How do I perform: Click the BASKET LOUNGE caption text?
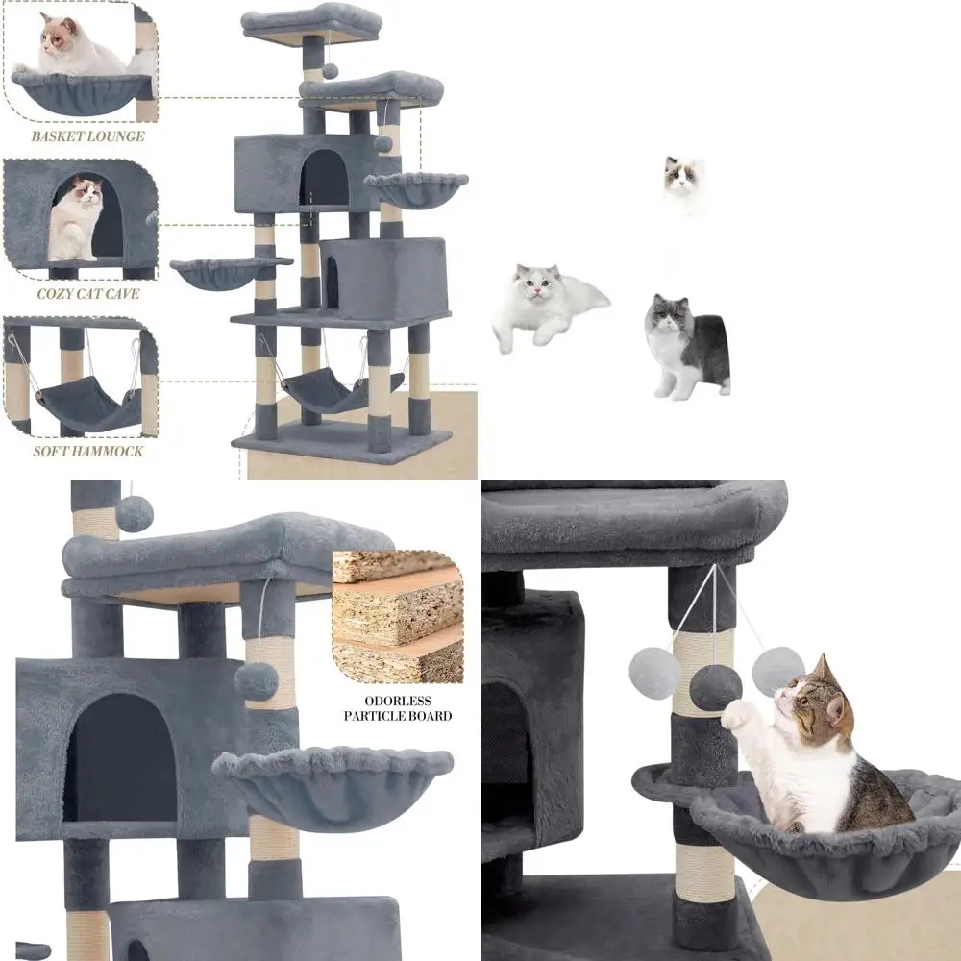point(87,136)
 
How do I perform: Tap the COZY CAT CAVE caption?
point(87,294)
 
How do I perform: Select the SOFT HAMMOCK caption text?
point(87,452)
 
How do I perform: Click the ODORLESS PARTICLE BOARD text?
point(398,708)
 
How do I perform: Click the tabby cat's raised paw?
point(736,714)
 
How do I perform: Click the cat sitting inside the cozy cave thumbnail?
point(77,220)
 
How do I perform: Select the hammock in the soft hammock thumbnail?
point(86,403)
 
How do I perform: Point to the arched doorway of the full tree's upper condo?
point(324,179)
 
